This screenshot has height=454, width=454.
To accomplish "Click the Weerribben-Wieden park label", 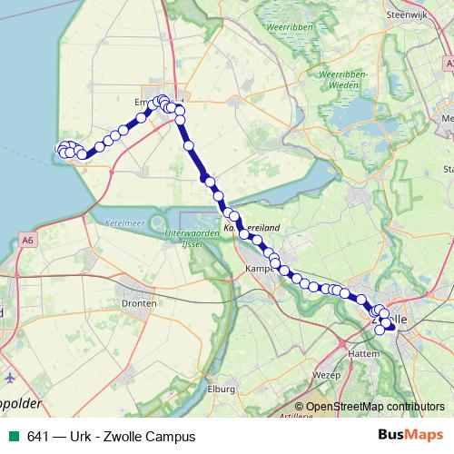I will click(341, 80).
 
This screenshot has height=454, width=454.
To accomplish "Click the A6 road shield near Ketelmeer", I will click(30, 239).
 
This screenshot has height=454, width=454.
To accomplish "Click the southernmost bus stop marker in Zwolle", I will click(380, 330).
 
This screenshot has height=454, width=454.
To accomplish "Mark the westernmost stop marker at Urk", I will click(61, 150).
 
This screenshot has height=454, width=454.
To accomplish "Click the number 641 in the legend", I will click(37, 437).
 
